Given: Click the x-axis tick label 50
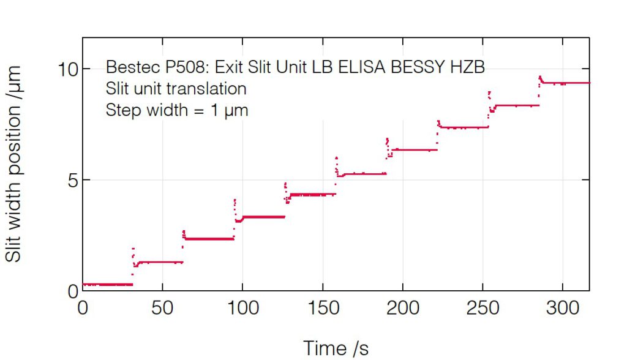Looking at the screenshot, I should pos(162,307).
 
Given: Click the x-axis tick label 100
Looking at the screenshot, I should pos(242,307).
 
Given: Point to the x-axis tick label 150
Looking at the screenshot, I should pos(323,307).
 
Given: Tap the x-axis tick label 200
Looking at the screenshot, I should pos(403,307).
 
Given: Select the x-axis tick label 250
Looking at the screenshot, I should pos(483,307).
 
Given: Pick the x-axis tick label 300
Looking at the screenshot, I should pos(563,307).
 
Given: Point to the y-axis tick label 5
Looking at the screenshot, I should pos(73,180).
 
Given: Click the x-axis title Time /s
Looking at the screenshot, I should pos(336,348).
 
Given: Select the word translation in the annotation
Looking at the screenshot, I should pos(209,89).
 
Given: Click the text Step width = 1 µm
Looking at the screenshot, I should pos(177,110).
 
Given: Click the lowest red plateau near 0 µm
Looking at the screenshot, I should pos(107,285).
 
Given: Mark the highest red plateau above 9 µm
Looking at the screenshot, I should pos(566,83).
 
